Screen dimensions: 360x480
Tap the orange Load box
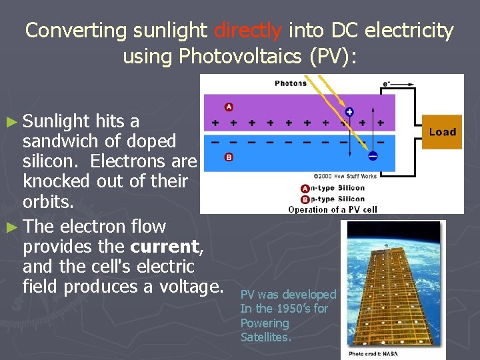(x=443, y=132)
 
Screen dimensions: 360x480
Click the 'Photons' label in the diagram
(x=291, y=83)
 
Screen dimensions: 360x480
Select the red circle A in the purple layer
(x=229, y=107)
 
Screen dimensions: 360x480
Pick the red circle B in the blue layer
(x=229, y=157)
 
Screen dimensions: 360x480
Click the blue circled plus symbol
(x=349, y=111)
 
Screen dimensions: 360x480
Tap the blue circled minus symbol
(x=372, y=155)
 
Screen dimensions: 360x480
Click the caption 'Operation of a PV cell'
(x=333, y=209)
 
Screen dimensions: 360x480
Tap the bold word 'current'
(x=165, y=247)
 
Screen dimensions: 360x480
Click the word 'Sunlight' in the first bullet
(x=57, y=121)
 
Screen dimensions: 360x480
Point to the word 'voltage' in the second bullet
(x=191, y=287)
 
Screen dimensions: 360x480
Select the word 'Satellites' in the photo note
(x=265, y=337)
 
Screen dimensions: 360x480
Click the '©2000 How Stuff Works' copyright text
(x=345, y=176)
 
